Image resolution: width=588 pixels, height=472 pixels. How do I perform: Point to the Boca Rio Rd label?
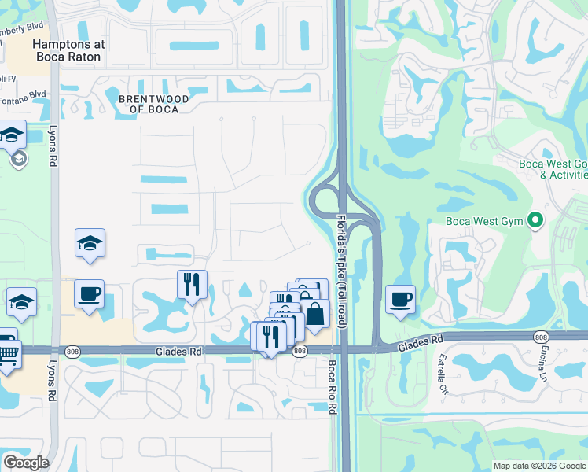point(332,387)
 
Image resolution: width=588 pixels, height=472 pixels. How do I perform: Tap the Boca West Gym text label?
point(484,221)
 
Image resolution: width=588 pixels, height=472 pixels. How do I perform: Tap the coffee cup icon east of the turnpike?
point(400,299)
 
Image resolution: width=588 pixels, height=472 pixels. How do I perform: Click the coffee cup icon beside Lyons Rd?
point(89,294)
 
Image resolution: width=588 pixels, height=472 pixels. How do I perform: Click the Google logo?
point(26,463)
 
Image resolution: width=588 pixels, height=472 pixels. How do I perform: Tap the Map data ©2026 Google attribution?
point(538,466)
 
